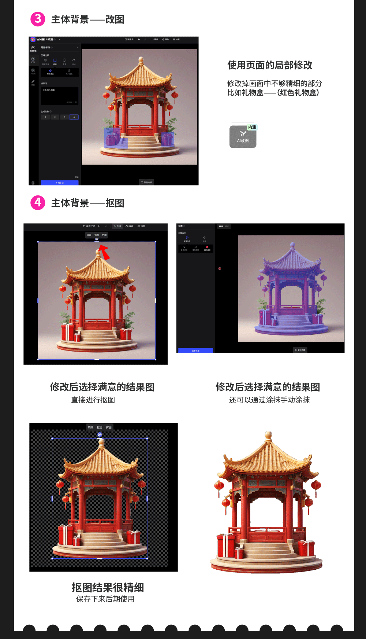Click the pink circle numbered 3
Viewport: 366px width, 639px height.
[38, 19]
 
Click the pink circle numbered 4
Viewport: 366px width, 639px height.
[38, 202]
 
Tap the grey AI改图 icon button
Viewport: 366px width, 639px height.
[243, 136]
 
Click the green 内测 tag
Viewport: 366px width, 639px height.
[252, 127]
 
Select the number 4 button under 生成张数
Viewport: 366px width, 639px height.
[74, 117]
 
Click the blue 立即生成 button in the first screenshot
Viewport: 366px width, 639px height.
[59, 183]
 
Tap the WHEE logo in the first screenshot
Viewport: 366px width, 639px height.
[33, 40]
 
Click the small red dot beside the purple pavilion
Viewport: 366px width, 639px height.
[220, 269]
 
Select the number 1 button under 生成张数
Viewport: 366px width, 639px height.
[45, 117]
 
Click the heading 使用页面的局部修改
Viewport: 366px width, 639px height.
[270, 65]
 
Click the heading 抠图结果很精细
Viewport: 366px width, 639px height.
[108, 587]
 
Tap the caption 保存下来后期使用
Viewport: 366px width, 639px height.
[105, 599]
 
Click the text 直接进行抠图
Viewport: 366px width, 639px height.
[93, 400]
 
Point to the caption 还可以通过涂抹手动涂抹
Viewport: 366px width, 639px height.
[269, 400]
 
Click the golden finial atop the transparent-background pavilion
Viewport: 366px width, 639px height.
[101, 442]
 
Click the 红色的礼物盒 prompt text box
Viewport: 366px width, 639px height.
[59, 95]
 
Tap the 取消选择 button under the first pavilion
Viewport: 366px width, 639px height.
[146, 182]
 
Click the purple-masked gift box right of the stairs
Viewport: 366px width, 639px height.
[167, 139]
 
